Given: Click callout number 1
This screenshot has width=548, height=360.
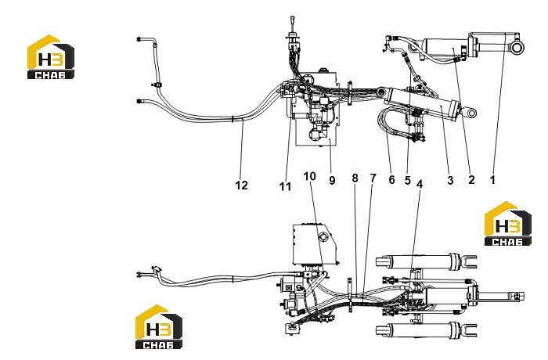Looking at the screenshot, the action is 492,180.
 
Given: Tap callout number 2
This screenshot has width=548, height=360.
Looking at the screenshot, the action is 471,180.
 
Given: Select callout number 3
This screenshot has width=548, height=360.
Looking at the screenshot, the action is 450,180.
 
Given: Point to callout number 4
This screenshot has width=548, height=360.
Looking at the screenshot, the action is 420,184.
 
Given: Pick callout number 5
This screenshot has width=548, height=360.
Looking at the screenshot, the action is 408,180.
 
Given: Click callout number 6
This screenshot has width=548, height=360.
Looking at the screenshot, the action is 391,180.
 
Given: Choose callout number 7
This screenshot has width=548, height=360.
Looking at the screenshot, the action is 373,178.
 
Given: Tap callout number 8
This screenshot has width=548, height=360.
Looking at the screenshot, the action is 355,178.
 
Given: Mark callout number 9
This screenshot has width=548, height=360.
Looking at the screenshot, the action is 332,180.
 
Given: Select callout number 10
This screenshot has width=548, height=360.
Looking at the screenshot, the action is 310,176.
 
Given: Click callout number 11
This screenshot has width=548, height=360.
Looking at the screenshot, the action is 285,186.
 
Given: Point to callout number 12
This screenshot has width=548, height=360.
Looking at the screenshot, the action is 241,185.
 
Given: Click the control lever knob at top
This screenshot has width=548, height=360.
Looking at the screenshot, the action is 292,18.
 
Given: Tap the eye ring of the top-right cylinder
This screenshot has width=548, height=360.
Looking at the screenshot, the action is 518,46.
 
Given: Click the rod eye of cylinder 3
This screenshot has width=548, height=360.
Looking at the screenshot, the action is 470,113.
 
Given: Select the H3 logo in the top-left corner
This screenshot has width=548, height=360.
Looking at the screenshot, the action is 51,56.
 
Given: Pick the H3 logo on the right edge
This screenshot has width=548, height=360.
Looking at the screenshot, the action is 508,223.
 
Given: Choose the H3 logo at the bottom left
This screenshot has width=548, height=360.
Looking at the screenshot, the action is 159,326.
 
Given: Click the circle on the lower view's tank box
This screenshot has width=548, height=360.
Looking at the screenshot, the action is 323,237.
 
